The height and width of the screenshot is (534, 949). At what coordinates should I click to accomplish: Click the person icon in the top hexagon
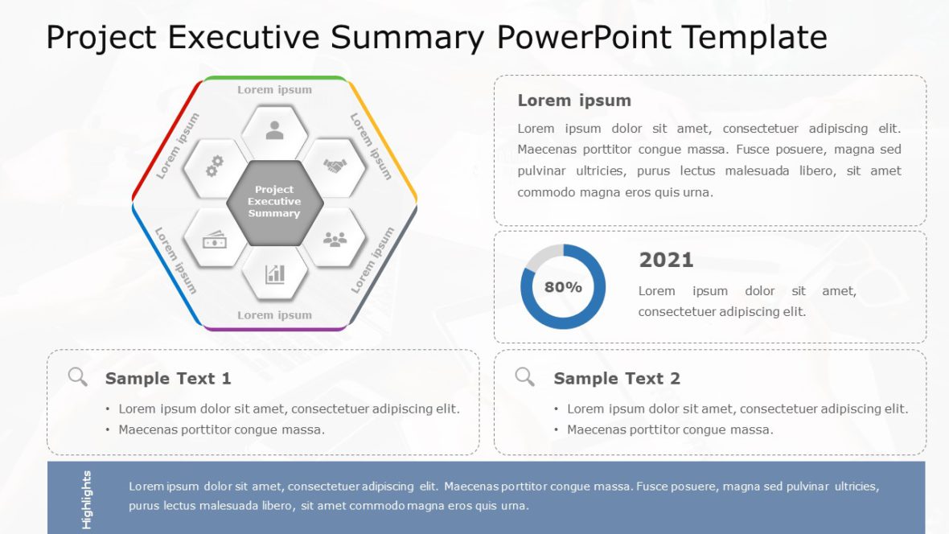pyautogui.click(x=274, y=130)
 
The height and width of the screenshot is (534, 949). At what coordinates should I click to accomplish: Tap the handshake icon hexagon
pyautogui.click(x=335, y=166)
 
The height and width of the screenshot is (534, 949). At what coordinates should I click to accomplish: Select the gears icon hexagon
pyautogui.click(x=214, y=166)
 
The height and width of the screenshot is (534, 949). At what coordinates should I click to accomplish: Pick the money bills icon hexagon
pyautogui.click(x=214, y=239)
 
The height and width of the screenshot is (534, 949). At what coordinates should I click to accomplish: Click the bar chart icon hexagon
pyautogui.click(x=275, y=274)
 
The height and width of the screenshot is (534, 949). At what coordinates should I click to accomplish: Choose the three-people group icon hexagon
pyautogui.click(x=335, y=239)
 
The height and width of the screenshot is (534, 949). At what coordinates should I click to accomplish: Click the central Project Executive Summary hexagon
pyautogui.click(x=274, y=202)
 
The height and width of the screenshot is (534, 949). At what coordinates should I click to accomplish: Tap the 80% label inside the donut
pyautogui.click(x=563, y=287)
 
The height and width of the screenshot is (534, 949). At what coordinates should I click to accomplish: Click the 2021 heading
pyautogui.click(x=666, y=260)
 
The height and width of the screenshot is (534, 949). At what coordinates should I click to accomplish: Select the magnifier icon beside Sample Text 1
pyautogui.click(x=77, y=376)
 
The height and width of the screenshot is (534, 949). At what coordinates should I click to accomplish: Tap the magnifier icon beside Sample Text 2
pyautogui.click(x=524, y=376)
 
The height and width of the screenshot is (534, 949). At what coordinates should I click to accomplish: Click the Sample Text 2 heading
pyautogui.click(x=616, y=378)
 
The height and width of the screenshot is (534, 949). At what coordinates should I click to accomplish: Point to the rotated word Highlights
pyautogui.click(x=86, y=499)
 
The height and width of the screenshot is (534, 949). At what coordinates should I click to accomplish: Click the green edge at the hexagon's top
pyautogui.click(x=274, y=78)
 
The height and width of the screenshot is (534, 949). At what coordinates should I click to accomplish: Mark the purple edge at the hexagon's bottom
pyautogui.click(x=274, y=329)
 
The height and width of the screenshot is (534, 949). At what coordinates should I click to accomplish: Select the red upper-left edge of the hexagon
pyautogui.click(x=165, y=137)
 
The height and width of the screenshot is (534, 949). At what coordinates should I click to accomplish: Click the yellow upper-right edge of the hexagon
pyautogui.click(x=384, y=137)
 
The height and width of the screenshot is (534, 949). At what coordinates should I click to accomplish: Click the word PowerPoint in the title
pyautogui.click(x=585, y=37)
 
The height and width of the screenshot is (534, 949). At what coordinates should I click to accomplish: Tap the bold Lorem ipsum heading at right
pyautogui.click(x=573, y=101)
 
